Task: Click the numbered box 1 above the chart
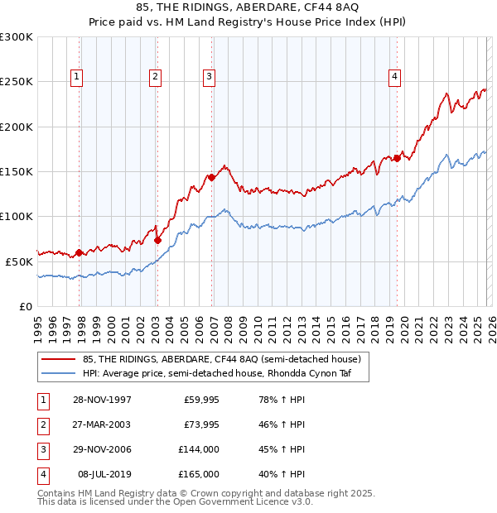76,77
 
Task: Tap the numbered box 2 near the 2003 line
155,77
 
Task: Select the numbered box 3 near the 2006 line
209,77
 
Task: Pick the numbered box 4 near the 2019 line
394,77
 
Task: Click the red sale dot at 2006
212,177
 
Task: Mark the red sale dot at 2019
397,158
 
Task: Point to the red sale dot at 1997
80,252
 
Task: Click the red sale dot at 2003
157,240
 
